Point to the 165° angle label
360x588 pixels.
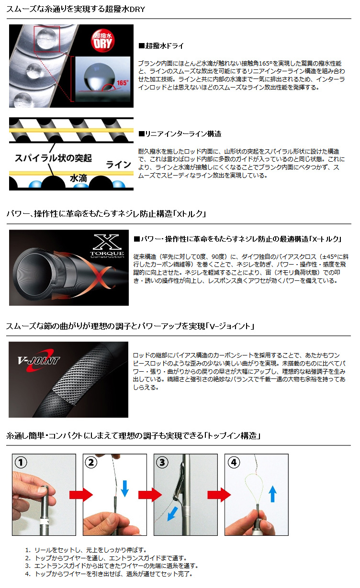(122, 82)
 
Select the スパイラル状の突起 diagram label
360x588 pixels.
(53, 157)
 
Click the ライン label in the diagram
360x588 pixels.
(118, 164)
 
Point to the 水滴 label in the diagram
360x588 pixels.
(79, 178)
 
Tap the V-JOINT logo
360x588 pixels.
(39, 361)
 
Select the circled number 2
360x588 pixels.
(91, 463)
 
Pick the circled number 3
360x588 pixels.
(162, 463)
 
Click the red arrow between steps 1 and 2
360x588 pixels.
(79, 495)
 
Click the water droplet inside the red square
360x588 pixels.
(46, 38)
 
